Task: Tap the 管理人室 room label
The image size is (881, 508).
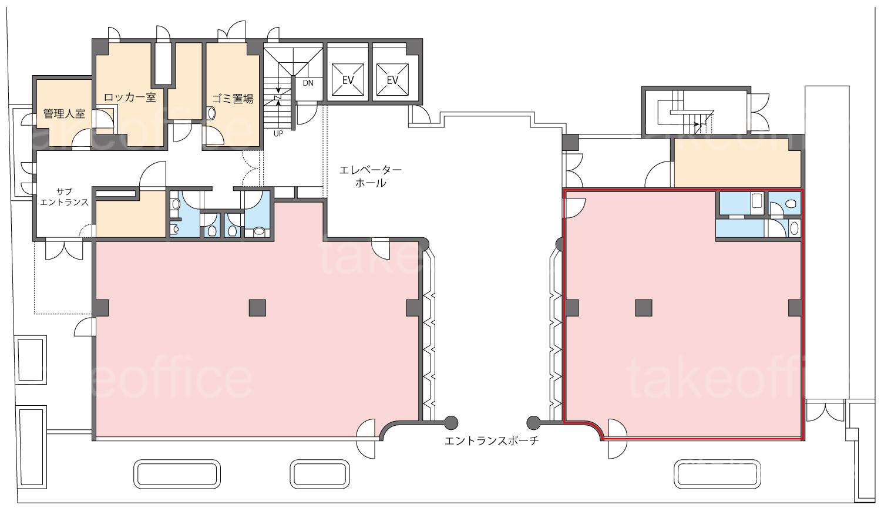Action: coord(64,114)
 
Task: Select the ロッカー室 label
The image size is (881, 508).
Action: coord(130,97)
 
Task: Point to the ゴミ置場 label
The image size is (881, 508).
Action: coord(233,99)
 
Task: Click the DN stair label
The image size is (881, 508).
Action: coord(308,83)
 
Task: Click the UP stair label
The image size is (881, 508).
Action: coord(278,134)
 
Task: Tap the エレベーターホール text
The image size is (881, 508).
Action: coord(370,177)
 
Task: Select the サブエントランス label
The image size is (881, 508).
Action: coord(64,197)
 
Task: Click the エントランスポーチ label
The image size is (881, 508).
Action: coord(491,441)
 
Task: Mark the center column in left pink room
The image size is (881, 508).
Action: coord(257,308)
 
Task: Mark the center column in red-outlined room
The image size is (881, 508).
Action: coord(644,308)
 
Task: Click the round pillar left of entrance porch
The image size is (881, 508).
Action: coord(450,423)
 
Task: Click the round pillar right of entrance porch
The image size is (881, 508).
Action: coord(533,423)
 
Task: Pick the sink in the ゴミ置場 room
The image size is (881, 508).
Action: coord(211,113)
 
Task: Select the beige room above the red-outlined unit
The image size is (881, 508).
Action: coord(738,163)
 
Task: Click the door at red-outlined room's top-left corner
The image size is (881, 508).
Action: coord(575,207)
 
